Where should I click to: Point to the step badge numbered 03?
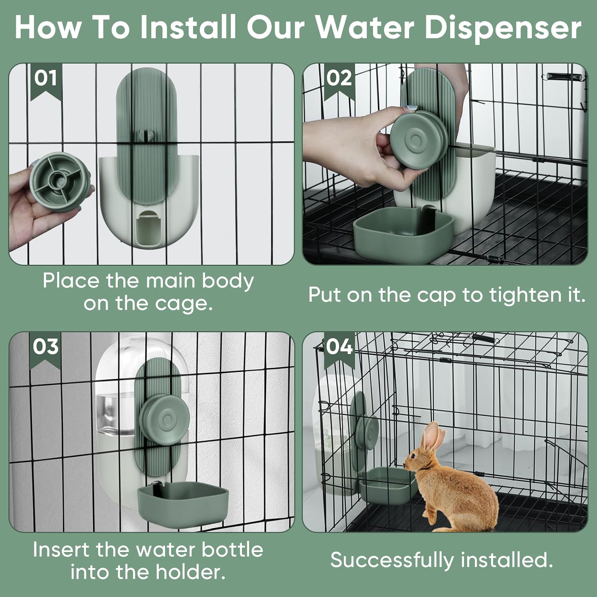point(46,347)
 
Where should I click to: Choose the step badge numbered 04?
point(339,347)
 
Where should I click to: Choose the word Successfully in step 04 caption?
point(392,560)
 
